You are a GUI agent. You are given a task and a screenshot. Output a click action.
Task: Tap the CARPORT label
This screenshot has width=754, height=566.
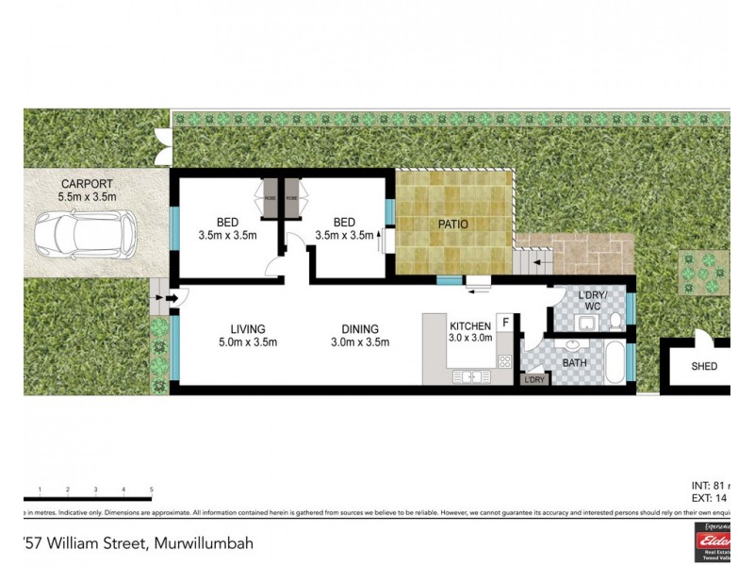tap(89, 184)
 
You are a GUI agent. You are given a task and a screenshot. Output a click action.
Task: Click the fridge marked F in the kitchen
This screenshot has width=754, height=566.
tap(506, 324)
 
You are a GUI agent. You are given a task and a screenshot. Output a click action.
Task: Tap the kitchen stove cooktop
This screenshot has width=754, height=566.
tap(504, 360)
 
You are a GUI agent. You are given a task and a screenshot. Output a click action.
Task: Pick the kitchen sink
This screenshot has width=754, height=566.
tap(467, 377)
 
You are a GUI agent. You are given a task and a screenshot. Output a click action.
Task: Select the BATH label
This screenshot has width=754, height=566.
tap(575, 362)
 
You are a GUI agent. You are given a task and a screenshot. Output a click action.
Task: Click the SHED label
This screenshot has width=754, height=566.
tap(704, 366)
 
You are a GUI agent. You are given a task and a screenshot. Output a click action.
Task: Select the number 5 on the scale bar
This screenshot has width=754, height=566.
tap(152, 489)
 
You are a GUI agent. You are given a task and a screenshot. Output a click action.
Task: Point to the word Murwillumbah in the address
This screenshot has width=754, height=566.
tap(202, 544)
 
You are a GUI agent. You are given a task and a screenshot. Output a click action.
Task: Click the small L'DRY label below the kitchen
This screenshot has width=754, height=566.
tap(534, 379)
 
